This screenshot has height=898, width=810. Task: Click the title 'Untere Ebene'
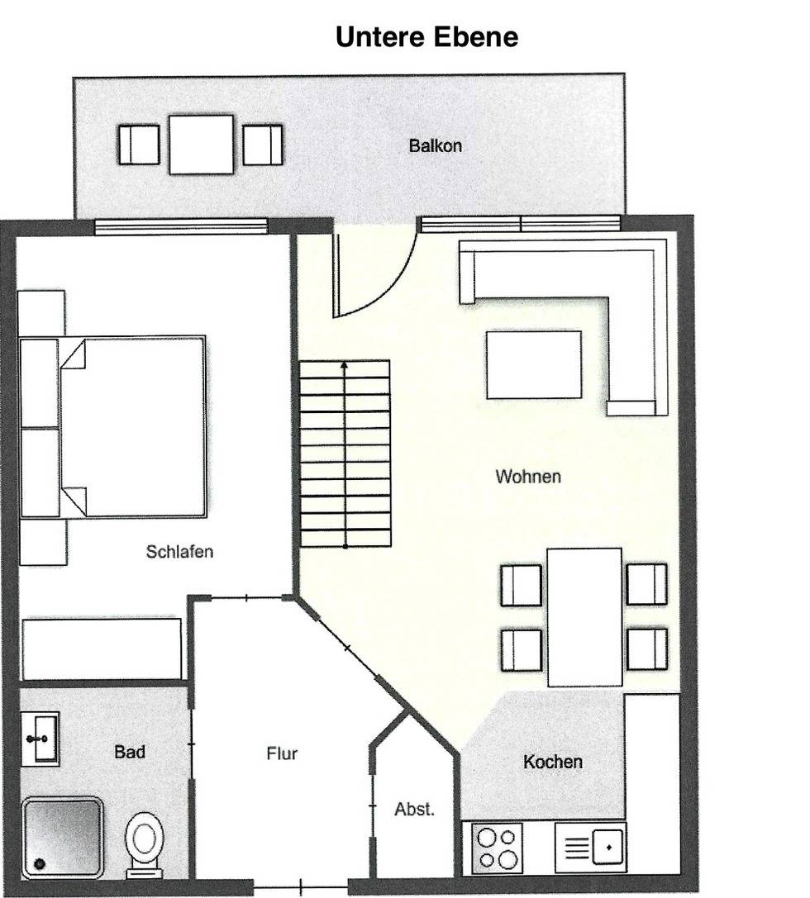click(x=426, y=36)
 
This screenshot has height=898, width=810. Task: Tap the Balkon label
click(x=436, y=146)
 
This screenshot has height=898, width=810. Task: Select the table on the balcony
click(x=201, y=145)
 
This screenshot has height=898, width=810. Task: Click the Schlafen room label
click(x=179, y=552)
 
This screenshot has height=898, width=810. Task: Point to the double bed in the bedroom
click(x=113, y=427)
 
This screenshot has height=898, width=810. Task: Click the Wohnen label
click(x=528, y=477)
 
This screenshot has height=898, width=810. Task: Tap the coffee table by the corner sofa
click(x=534, y=364)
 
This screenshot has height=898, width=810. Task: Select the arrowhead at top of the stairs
click(x=345, y=364)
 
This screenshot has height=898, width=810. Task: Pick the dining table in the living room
click(x=584, y=617)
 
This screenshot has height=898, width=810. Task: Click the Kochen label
click(x=553, y=762)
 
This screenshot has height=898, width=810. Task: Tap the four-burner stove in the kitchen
click(x=497, y=848)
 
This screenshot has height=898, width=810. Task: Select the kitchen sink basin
click(x=608, y=847)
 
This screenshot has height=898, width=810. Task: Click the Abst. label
click(x=414, y=810)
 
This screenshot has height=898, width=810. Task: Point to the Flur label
click(x=282, y=753)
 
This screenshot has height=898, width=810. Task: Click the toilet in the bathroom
click(x=144, y=844)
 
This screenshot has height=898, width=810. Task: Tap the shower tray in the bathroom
click(x=63, y=836)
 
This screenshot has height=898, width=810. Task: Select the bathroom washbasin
click(x=40, y=739)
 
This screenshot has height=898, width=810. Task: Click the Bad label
click(x=130, y=752)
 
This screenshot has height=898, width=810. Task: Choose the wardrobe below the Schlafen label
click(x=102, y=649)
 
